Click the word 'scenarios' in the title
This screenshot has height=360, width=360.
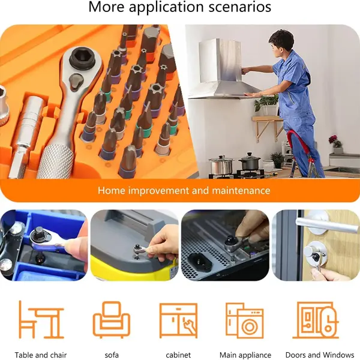239,7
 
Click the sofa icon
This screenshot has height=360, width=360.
112,320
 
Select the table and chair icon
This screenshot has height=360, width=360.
41,320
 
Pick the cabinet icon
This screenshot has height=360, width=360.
178,320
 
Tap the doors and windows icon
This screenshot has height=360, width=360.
316,320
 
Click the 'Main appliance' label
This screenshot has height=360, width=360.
245,355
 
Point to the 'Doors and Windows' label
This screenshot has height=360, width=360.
320,355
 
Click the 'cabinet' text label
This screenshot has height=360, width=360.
178,355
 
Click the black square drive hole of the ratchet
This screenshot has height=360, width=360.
82,56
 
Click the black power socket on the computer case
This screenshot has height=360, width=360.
200,262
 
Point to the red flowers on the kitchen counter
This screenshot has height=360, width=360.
334,141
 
